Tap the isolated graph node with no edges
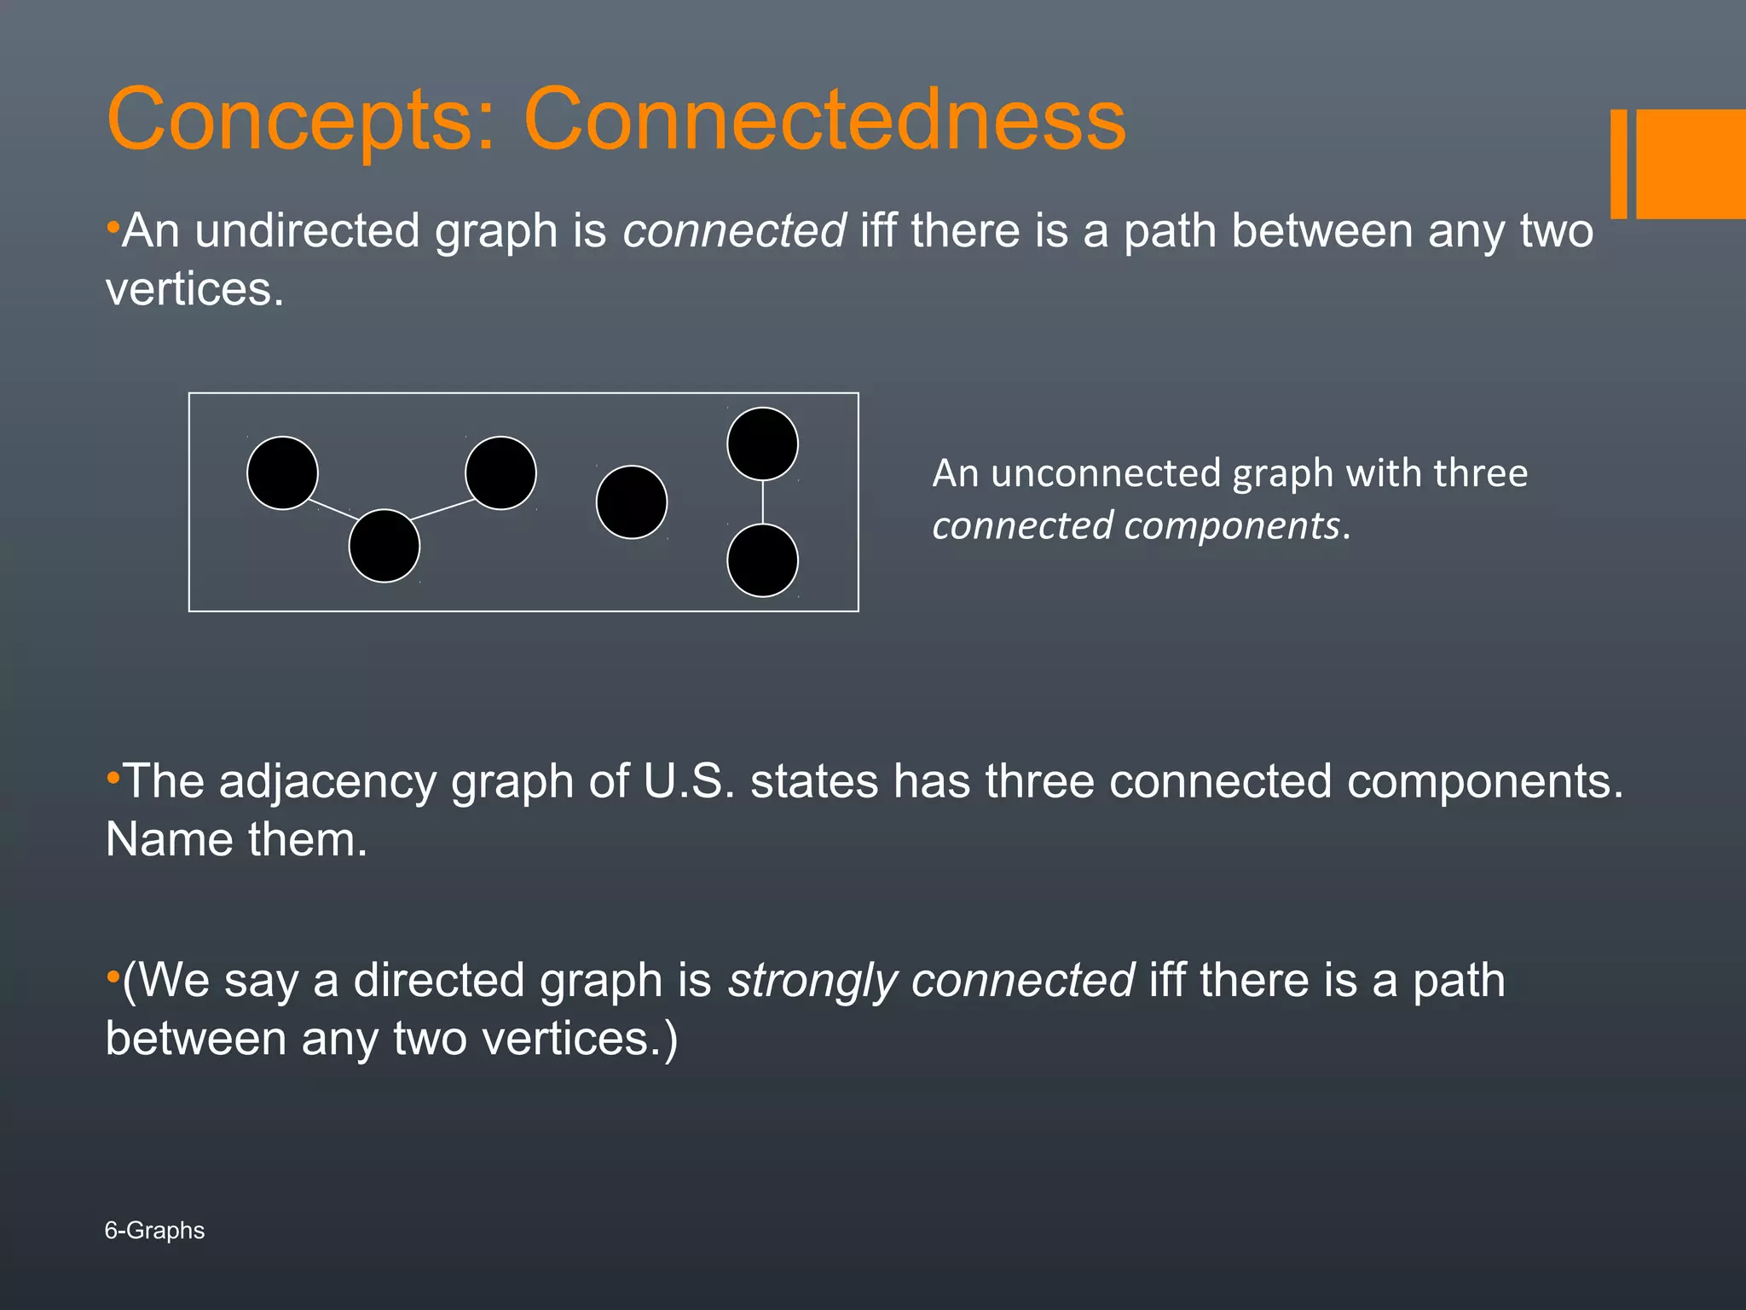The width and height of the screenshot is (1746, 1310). pyautogui.click(x=632, y=502)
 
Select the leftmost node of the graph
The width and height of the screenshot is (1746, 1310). pyautogui.click(x=282, y=473)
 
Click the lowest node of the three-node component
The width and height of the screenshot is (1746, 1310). pyautogui.click(x=384, y=546)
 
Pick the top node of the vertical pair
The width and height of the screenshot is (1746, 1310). pyautogui.click(x=763, y=444)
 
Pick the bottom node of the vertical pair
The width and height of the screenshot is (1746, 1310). pyautogui.click(x=763, y=560)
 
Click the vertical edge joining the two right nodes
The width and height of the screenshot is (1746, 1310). pyautogui.click(x=763, y=502)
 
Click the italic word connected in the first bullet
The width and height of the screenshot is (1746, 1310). pyautogui.click(x=734, y=231)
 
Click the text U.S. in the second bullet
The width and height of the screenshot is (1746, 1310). pyautogui.click(x=689, y=781)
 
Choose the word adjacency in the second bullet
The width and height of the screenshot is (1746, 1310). pyautogui.click(x=327, y=781)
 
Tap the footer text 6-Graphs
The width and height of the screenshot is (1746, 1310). pyautogui.click(x=154, y=1231)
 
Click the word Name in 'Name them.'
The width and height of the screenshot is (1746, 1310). pyautogui.click(x=169, y=840)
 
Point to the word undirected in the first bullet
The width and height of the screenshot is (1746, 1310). pyautogui.click(x=308, y=231)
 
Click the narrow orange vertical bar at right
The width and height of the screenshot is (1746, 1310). pyautogui.click(x=1619, y=164)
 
